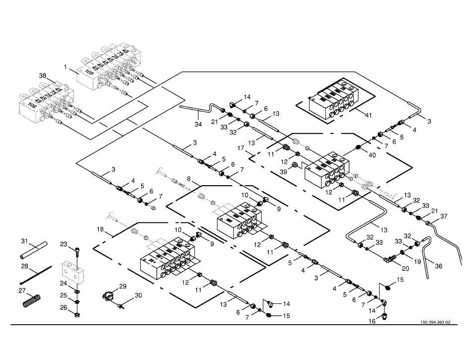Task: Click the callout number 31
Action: (23, 241)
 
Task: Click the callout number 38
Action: (43, 76)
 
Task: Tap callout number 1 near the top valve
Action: (65, 66)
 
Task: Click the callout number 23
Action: (64, 244)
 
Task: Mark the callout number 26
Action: (64, 307)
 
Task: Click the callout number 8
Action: (189, 178)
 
